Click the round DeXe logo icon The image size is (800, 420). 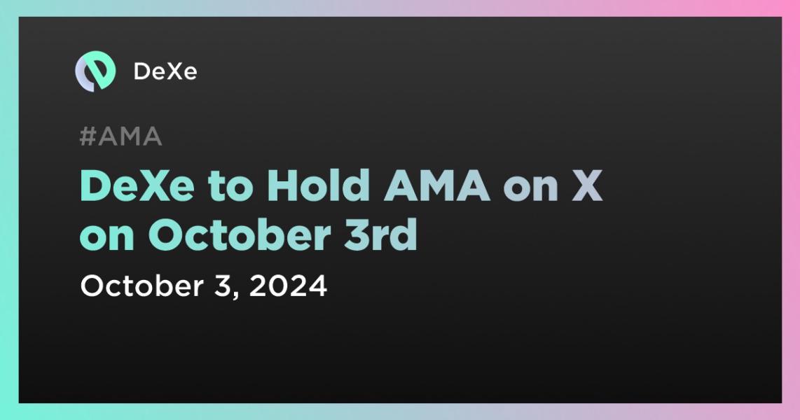(95, 71)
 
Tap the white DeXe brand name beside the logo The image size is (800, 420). (165, 71)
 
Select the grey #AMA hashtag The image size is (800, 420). (121, 136)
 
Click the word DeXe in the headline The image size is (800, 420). (137, 185)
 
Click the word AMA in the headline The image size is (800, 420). (436, 185)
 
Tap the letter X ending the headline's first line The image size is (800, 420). (587, 185)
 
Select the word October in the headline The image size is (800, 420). (240, 235)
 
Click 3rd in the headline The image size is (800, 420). (380, 235)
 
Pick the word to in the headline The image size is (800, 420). (230, 187)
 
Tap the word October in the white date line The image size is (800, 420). (142, 286)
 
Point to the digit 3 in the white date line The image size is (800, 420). (223, 286)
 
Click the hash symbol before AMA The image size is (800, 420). (88, 136)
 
